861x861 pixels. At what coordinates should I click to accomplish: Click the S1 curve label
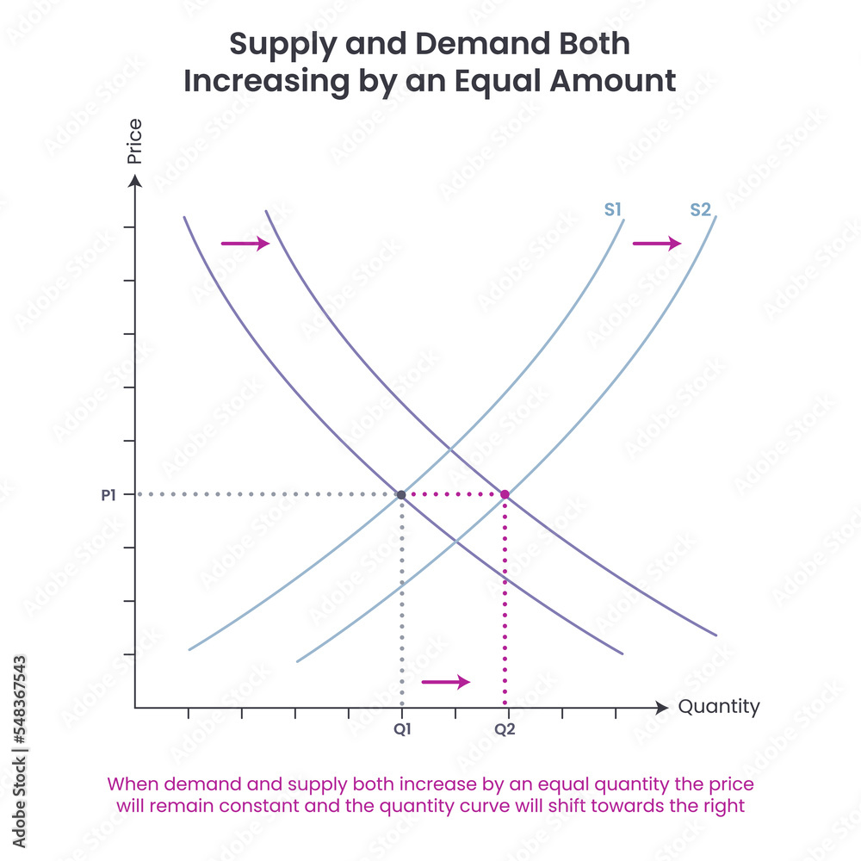tap(613, 209)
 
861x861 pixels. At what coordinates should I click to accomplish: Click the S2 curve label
tap(701, 209)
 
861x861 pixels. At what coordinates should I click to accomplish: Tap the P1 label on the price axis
tap(108, 494)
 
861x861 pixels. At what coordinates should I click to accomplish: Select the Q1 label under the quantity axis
tap(403, 728)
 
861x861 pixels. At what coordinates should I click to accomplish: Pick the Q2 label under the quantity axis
tap(505, 728)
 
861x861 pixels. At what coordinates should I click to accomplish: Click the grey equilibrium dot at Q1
tap(401, 494)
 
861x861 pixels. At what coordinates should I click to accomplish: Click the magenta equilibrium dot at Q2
tap(505, 494)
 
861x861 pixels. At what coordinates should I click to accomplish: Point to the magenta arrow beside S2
tap(657, 245)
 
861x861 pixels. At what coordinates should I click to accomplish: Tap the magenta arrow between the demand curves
tap(245, 245)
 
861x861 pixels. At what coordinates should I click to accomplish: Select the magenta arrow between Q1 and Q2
tap(446, 682)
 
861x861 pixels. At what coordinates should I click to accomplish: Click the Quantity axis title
tap(719, 707)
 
